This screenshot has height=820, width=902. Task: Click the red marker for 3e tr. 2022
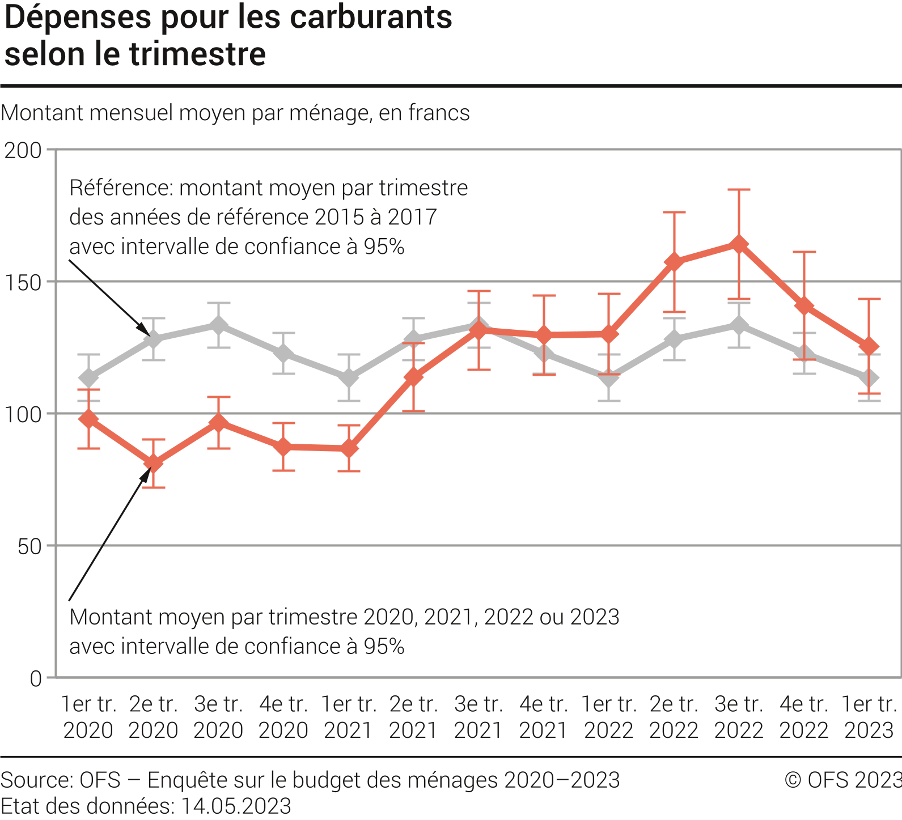(x=739, y=244)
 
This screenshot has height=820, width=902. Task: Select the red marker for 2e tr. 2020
(x=153, y=463)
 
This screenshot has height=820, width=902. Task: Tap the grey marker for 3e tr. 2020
(x=218, y=325)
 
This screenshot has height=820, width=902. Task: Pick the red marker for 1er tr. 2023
(x=869, y=346)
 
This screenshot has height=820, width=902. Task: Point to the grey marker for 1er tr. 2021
(x=348, y=377)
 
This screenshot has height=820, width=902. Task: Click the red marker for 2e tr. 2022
(x=674, y=262)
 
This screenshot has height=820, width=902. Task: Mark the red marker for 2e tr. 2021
(x=413, y=377)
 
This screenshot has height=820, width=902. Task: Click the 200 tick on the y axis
(x=23, y=150)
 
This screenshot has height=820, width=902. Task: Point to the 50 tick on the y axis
(x=29, y=546)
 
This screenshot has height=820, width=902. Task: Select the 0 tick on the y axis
(x=36, y=678)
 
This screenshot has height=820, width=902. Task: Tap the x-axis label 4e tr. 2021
(x=543, y=717)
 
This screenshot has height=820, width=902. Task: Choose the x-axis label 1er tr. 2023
(x=869, y=717)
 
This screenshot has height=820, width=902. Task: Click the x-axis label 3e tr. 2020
(x=218, y=717)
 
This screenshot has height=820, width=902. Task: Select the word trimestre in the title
(x=197, y=54)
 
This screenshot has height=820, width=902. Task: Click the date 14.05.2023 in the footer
(x=236, y=805)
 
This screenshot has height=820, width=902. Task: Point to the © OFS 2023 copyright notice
(x=842, y=780)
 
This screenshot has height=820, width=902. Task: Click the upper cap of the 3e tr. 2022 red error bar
(x=739, y=190)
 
